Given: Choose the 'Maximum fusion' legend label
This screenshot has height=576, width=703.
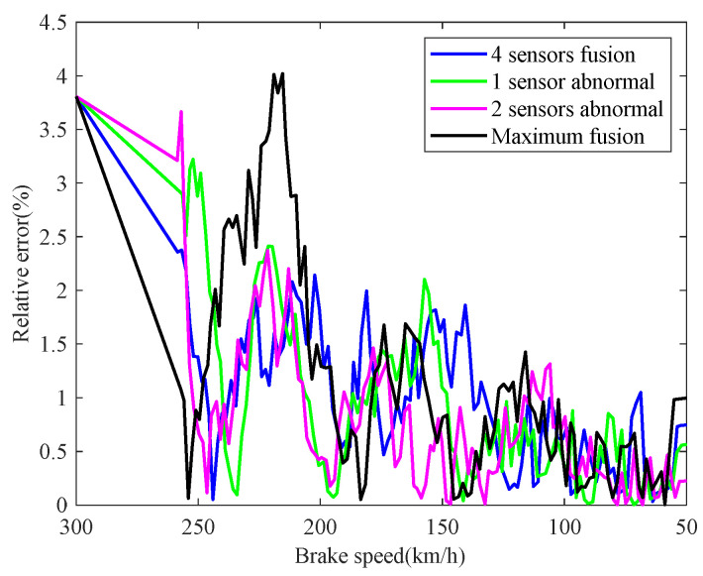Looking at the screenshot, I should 560,137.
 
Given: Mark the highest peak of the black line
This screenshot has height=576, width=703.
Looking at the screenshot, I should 282,73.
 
